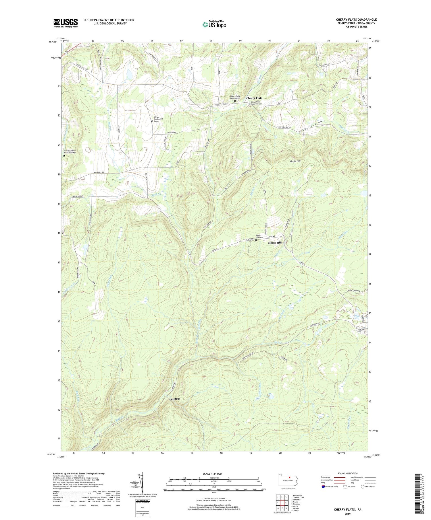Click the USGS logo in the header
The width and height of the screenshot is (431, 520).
click(66, 23)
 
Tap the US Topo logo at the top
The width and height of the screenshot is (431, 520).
click(214, 24)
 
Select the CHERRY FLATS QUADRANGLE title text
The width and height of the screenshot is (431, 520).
click(356, 20)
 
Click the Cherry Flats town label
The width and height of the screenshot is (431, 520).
click(254, 98)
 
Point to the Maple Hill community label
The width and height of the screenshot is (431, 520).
click(275, 243)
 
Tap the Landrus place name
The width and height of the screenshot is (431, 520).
click(175, 399)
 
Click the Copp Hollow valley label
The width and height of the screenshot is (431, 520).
click(311, 126)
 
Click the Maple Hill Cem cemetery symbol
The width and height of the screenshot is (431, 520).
click(256, 240)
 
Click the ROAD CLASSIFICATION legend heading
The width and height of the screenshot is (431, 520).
click(348, 473)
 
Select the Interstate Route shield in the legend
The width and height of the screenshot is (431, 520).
click(323, 487)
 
